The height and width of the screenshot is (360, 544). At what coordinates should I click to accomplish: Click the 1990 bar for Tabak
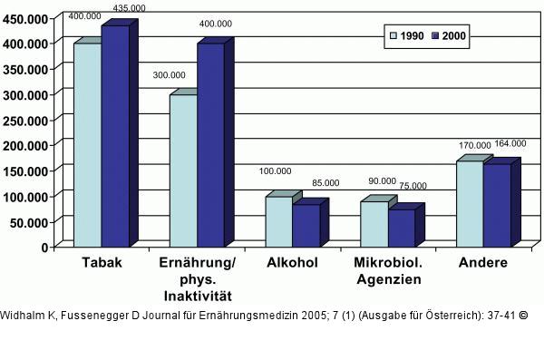(x=87, y=145)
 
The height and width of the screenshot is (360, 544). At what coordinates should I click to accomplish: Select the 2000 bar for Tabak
(x=114, y=136)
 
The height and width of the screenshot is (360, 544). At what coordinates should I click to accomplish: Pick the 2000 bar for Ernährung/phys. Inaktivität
(x=210, y=145)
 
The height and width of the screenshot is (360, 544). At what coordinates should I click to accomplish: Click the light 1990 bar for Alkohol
(x=279, y=221)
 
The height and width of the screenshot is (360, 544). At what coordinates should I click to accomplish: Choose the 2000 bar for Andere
(x=497, y=205)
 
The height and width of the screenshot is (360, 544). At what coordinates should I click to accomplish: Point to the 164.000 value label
(x=510, y=143)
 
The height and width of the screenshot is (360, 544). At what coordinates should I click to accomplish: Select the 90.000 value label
(x=372, y=181)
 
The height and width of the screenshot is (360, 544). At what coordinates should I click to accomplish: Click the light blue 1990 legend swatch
(x=393, y=35)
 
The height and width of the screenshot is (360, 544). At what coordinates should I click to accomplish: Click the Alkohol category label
(x=292, y=263)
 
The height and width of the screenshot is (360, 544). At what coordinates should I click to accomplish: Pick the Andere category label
(x=483, y=263)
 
